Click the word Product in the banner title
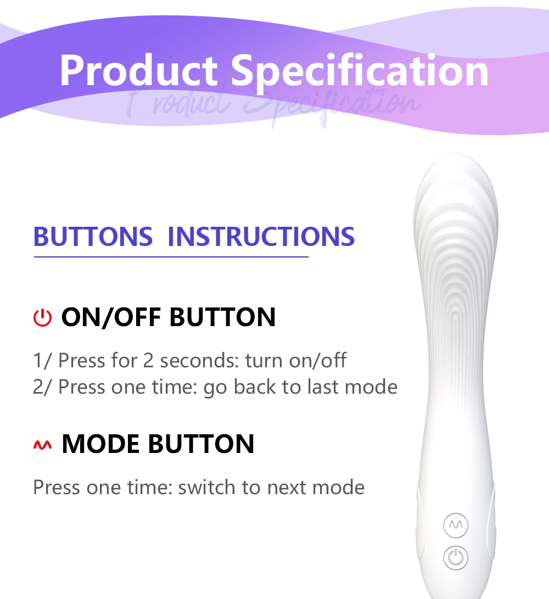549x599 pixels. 139,70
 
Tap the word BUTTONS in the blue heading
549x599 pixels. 93,237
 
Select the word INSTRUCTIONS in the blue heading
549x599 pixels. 261,237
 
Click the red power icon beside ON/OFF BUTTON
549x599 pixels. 42,318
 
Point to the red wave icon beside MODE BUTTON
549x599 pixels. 42,445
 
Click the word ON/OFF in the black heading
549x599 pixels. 111,317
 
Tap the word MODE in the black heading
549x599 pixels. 100,444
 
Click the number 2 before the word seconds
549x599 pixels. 148,361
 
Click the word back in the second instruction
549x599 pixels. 254,387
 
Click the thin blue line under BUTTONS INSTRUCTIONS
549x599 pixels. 171,257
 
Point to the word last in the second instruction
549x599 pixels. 323,387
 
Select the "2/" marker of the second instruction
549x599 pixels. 42,388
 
